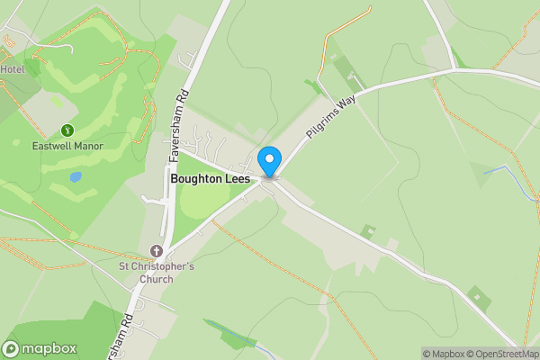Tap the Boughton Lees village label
211,179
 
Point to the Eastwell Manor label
67,146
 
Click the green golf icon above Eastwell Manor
67,130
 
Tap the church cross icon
157,251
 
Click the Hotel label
13,69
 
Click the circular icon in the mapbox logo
12,349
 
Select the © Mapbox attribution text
444,354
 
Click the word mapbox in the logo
49,349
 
